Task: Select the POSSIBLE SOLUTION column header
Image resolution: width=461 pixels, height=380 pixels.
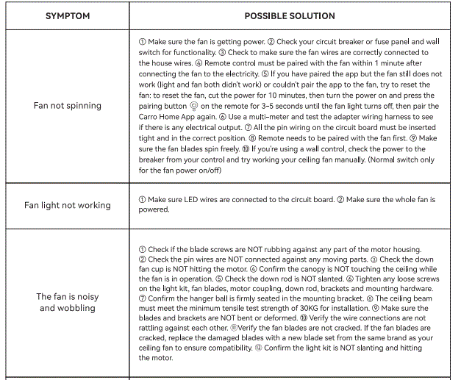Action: [290, 15]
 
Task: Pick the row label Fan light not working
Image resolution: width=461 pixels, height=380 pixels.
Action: [67, 205]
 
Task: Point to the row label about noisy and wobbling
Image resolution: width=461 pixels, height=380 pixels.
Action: [67, 303]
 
